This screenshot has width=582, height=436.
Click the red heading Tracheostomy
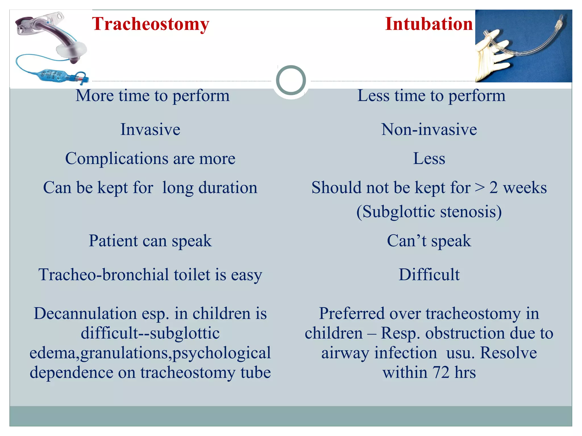click(151, 24)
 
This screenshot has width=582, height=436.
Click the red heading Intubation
click(429, 24)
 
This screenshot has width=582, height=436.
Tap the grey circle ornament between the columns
click(291, 80)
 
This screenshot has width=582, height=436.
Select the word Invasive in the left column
click(150, 129)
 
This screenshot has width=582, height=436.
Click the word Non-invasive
click(429, 129)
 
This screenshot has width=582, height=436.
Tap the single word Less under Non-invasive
click(429, 158)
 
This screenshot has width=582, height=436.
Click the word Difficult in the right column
click(429, 274)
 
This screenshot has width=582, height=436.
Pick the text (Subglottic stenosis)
click(429, 212)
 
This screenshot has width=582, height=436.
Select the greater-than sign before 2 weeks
click(480, 188)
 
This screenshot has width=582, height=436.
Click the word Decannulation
click(85, 314)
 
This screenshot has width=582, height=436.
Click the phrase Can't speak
click(429, 241)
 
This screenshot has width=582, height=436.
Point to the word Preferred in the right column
click(351, 314)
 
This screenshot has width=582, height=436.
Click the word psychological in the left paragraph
click(222, 353)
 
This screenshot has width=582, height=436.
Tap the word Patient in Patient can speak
click(113, 241)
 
